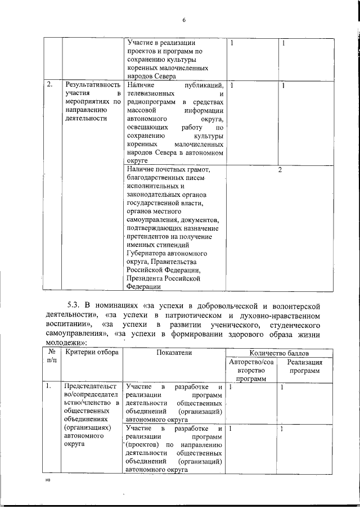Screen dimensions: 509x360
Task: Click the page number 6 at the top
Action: (x=183, y=21)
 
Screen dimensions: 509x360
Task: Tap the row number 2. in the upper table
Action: (x=50, y=84)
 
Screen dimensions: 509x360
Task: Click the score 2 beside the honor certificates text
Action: (x=280, y=170)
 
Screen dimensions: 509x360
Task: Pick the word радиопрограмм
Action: (x=151, y=103)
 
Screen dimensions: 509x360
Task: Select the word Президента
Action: (x=146, y=277)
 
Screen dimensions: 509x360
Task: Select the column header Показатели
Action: (x=174, y=352)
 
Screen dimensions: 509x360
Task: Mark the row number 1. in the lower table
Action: (x=49, y=386)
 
